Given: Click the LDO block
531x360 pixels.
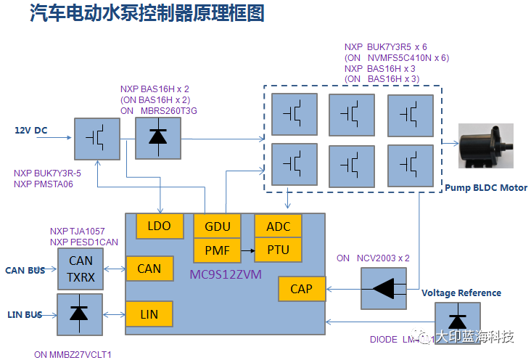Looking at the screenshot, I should (x=159, y=226).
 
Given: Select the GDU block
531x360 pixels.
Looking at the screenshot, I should (x=218, y=226).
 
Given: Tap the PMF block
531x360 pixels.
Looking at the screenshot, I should (x=218, y=250).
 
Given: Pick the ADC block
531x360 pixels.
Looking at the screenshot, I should (x=278, y=226).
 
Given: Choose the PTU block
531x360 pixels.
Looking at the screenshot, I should (x=278, y=250).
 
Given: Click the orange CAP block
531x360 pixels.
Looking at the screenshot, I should (x=301, y=289).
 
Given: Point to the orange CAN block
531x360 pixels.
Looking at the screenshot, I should (x=149, y=269).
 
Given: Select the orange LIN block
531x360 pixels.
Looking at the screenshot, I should (x=149, y=314).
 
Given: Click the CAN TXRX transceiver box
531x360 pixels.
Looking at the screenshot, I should (x=81, y=269).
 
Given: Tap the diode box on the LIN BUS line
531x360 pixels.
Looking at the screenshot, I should (x=81, y=314).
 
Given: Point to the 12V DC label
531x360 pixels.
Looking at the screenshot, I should (x=31, y=131).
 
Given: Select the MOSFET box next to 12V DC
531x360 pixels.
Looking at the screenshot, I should (x=96, y=137).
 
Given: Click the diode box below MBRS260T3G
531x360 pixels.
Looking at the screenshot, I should (x=158, y=137).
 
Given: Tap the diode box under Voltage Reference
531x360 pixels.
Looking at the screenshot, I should (x=458, y=321).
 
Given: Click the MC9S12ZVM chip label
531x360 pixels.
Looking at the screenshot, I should (x=229, y=275).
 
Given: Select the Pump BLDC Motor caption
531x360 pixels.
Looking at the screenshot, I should (x=486, y=188).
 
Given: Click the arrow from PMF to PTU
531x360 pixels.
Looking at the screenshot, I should (x=247, y=250).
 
